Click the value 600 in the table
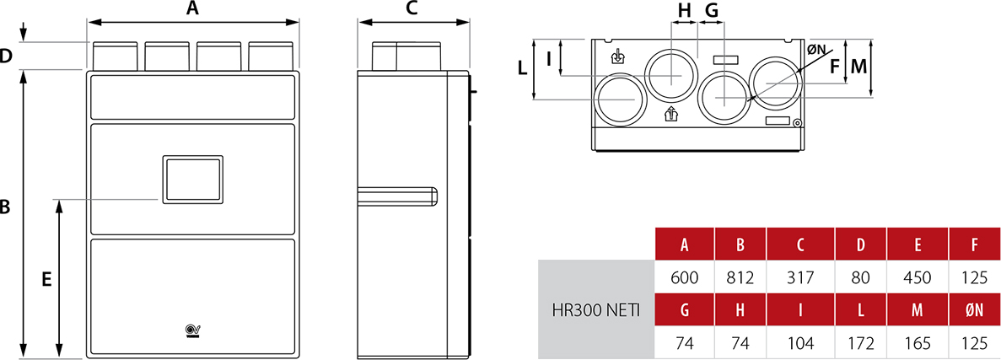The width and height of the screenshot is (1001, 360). pyautogui.click(x=685, y=277)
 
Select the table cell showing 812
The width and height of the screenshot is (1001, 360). pyautogui.click(x=740, y=277)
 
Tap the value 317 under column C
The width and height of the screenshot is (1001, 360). pyautogui.click(x=800, y=277)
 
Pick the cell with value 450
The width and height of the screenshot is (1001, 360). pyautogui.click(x=918, y=277)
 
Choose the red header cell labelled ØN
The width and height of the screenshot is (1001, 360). pyautogui.click(x=974, y=309)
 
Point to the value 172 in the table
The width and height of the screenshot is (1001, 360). pyautogui.click(x=860, y=343)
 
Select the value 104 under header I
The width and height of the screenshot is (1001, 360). pyautogui.click(x=800, y=343)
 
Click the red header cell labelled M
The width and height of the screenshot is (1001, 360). pyautogui.click(x=918, y=309)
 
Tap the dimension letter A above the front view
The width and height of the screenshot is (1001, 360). pyautogui.click(x=192, y=9)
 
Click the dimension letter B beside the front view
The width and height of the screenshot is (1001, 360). pyautogui.click(x=5, y=208)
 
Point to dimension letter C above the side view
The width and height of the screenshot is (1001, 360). pyautogui.click(x=412, y=9)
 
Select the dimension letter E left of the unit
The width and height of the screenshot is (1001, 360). pyautogui.click(x=46, y=280)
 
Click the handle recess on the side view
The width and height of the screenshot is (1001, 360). pyautogui.click(x=397, y=196)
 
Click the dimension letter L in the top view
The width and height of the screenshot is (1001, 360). pyautogui.click(x=522, y=67)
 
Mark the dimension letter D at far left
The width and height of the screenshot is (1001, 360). pyautogui.click(x=6, y=56)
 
